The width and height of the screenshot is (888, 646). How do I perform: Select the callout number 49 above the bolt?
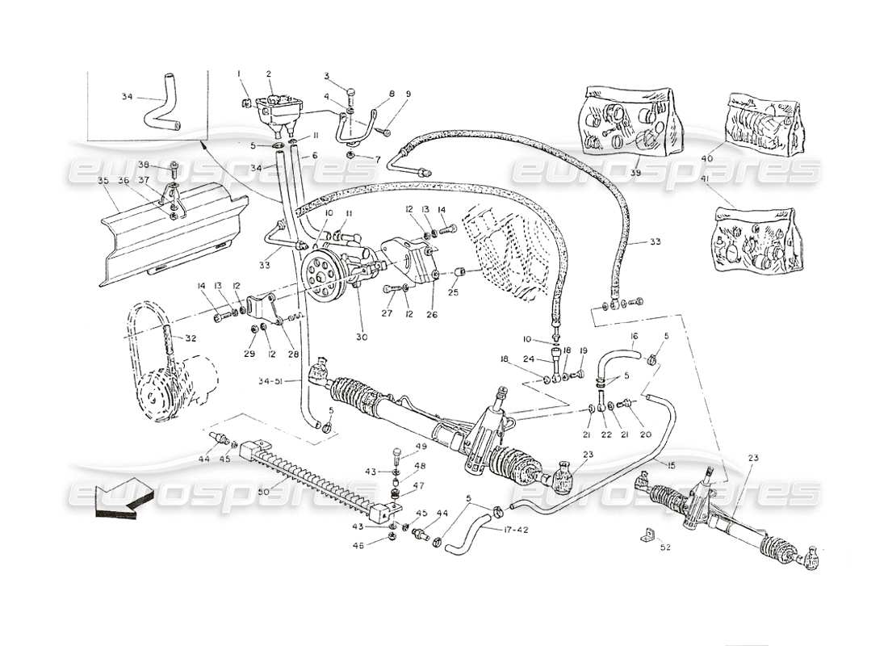[421, 447]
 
